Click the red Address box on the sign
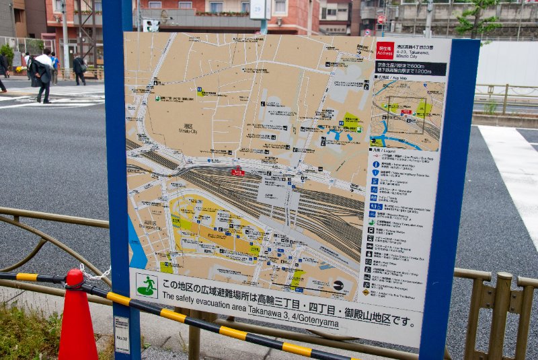click(385, 50)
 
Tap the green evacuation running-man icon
click(146, 285)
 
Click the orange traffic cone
click(77, 320)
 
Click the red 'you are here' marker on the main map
click(237, 172)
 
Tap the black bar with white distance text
click(410, 69)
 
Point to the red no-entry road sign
click(381, 20)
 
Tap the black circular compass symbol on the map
click(338, 285)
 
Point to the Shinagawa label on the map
click(150, 223)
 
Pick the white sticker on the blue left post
click(122, 334)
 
